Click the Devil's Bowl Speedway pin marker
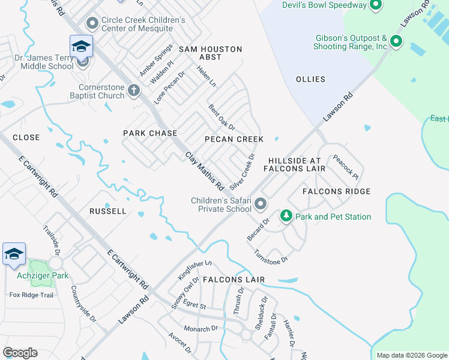click(x=376, y=5)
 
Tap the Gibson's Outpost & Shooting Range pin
click(x=396, y=41)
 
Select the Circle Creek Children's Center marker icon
click(x=92, y=24)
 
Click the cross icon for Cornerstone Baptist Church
click(x=133, y=91)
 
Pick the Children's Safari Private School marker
click(x=261, y=205)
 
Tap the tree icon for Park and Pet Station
click(x=286, y=216)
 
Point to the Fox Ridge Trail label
click(x=31, y=295)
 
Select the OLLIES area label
click(x=310, y=79)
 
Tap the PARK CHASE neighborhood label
click(x=150, y=133)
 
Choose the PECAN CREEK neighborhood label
click(x=234, y=139)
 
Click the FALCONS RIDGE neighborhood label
click(x=336, y=191)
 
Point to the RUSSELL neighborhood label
click(x=108, y=211)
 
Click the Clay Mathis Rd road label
click(x=203, y=170)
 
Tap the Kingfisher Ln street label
click(x=195, y=271)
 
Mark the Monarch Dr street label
click(x=201, y=329)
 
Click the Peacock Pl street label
click(x=346, y=169)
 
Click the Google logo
click(x=20, y=353)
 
